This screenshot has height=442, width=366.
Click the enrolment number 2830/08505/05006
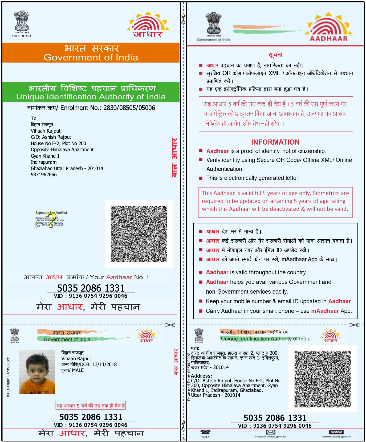click(129, 108)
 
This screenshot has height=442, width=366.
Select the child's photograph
click(37, 372)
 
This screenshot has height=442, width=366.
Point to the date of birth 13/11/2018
click(104, 365)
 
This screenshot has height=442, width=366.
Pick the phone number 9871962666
click(44, 175)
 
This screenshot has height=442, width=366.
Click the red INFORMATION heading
click(275, 142)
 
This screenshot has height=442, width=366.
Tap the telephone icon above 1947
click(205, 432)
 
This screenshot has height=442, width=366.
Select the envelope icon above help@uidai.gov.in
click(270, 432)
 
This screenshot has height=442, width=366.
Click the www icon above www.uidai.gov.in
click(336, 432)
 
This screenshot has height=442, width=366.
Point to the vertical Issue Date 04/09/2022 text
click(8, 377)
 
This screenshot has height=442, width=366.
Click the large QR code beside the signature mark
click(139, 234)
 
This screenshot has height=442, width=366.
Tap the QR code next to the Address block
click(322, 379)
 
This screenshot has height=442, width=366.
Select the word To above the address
click(34, 118)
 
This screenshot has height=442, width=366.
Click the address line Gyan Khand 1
click(45, 156)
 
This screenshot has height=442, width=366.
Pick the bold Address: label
click(202, 376)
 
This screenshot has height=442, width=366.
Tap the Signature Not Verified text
click(51, 213)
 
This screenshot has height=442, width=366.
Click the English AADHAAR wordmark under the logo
click(329, 39)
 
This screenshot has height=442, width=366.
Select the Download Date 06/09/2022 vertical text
click(189, 377)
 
